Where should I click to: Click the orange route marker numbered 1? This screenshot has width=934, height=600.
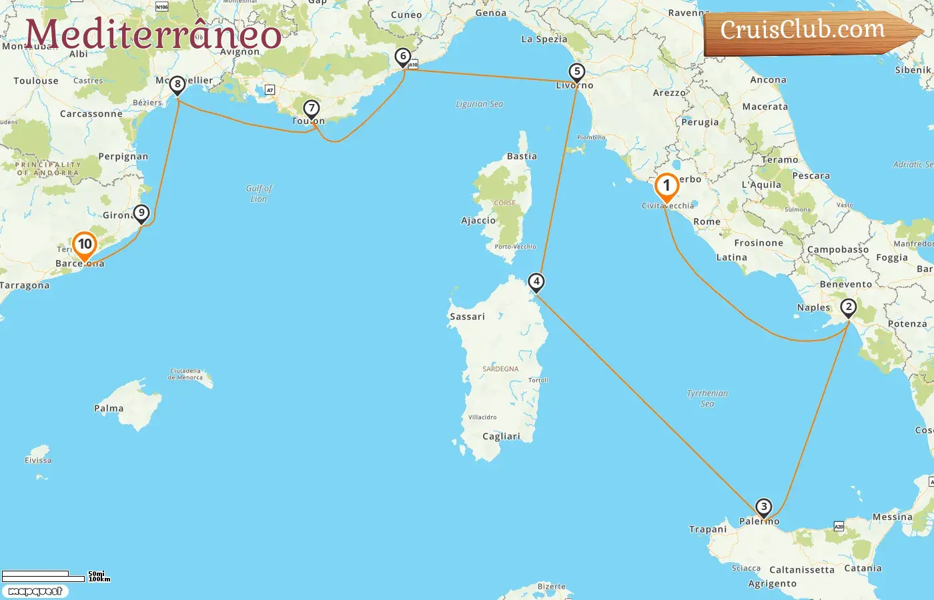666,187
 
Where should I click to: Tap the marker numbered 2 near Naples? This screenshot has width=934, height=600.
848,307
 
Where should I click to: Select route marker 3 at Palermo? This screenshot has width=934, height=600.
763,507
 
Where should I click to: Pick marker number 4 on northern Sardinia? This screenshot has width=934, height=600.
536,281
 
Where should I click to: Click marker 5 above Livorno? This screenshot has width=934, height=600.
576,72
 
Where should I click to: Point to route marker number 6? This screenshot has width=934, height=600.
402,57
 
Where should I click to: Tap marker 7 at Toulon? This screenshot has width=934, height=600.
311,109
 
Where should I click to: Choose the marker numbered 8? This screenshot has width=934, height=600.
177,85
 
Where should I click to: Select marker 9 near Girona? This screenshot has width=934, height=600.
141,213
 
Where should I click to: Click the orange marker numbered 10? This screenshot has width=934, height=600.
85,245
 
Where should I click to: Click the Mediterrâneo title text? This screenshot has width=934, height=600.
153,35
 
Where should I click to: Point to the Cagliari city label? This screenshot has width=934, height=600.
501,437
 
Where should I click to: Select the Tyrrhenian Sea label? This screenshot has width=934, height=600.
707,398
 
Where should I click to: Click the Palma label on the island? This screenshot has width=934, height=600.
109,409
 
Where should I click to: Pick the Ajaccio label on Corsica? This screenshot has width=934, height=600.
478,221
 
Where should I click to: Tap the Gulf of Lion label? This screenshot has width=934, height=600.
259,193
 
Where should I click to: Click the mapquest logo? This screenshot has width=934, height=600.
35,591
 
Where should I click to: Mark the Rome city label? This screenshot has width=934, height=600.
707,222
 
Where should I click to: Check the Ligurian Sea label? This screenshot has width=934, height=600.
479,104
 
